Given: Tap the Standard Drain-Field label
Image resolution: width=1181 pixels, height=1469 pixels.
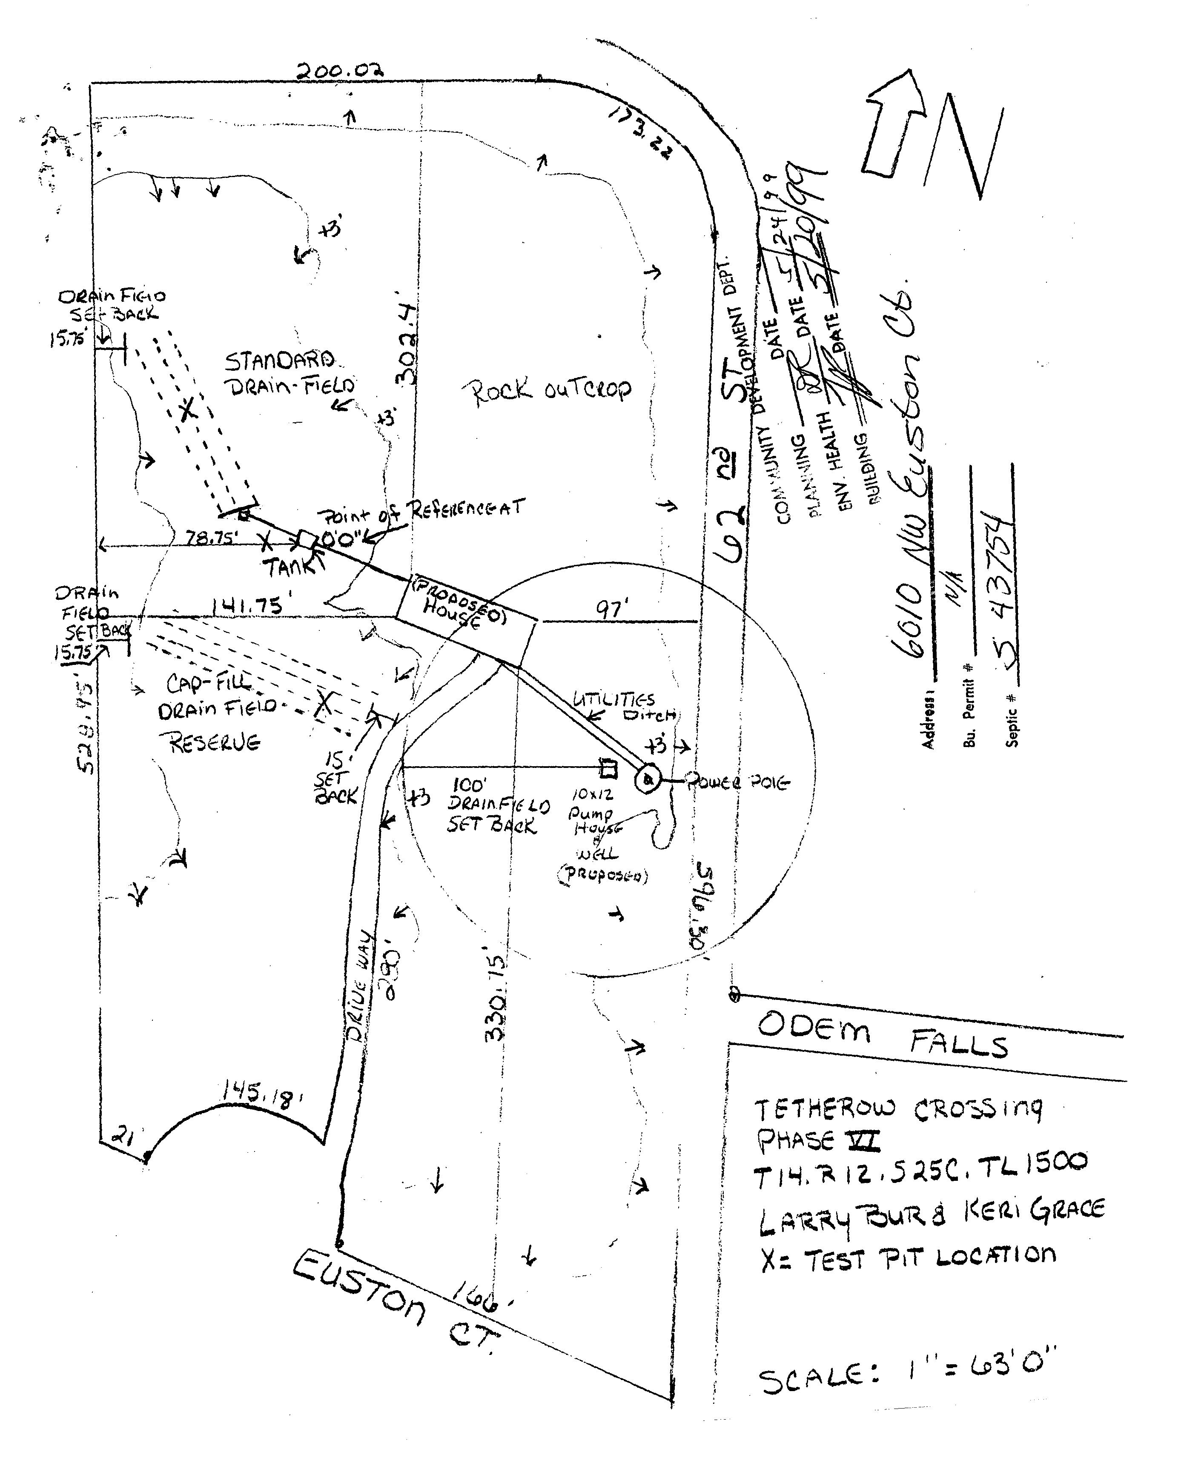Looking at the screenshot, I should point(286,373).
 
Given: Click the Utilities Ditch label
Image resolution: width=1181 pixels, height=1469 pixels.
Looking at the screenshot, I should point(624,707).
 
